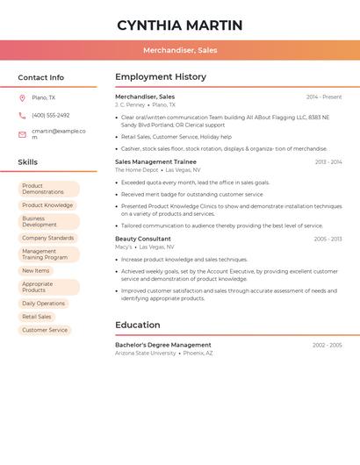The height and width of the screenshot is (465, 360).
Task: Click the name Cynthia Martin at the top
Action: pyautogui.click(x=179, y=25)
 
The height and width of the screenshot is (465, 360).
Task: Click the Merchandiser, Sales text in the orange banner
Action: pyautogui.click(x=180, y=50)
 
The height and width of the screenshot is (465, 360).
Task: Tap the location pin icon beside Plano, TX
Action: pyautogui.click(x=22, y=97)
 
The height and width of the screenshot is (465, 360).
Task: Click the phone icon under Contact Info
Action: pyautogui.click(x=22, y=115)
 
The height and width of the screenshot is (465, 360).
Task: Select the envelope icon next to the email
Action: pyautogui.click(x=22, y=134)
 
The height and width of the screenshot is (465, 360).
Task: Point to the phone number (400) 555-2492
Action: pyautogui.click(x=50, y=115)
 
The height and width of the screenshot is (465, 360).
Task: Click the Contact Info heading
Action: pyautogui.click(x=40, y=77)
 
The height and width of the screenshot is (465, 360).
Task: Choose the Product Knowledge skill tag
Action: pyautogui.click(x=47, y=205)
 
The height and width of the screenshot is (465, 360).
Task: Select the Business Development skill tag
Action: pyautogui.click(x=47, y=222)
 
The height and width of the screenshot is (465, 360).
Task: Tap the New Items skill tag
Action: pyautogui.click(x=36, y=271)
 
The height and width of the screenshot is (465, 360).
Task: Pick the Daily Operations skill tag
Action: pyautogui.click(x=43, y=304)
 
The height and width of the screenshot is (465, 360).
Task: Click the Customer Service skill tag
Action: pyautogui.click(x=45, y=330)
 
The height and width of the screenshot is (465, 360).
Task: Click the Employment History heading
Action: pyautogui.click(x=161, y=77)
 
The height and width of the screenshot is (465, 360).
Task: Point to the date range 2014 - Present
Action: pyautogui.click(x=324, y=97)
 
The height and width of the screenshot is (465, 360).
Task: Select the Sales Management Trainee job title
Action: pyautogui.click(x=155, y=161)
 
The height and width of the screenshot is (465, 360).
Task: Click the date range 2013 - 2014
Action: pyautogui.click(x=328, y=161)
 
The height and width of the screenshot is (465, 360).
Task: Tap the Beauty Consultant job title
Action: pyautogui.click(x=143, y=239)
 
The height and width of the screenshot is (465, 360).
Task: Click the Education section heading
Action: pyautogui.click(x=137, y=325)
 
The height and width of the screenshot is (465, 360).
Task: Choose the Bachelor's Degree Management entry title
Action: pyautogui.click(x=163, y=345)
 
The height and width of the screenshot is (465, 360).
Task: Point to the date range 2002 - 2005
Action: pyautogui.click(x=327, y=345)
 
